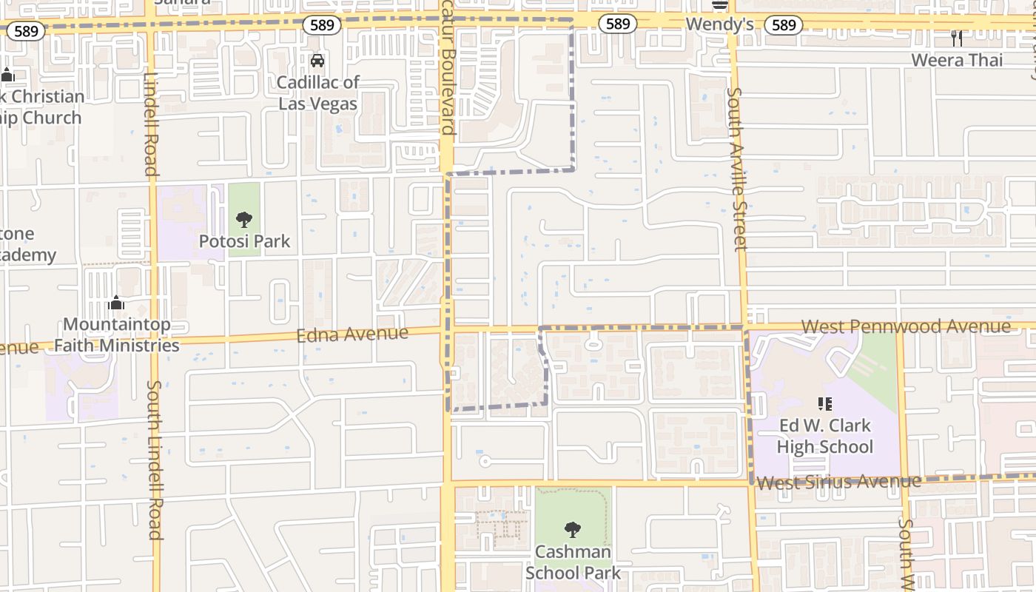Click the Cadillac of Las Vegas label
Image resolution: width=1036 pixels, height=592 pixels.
[x=318, y=93]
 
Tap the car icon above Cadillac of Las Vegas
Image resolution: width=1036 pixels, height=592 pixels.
[x=317, y=61]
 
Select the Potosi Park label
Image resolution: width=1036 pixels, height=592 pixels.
[x=245, y=241]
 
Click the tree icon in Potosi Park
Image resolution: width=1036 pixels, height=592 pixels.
[x=244, y=220]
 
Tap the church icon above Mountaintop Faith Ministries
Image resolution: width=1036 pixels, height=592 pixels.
[x=116, y=303]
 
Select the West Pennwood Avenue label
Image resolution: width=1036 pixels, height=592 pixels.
[x=906, y=326]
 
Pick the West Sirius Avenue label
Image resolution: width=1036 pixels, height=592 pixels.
[x=838, y=482]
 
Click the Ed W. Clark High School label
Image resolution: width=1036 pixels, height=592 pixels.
[x=825, y=436]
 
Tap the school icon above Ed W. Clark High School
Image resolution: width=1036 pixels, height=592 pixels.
[x=825, y=404]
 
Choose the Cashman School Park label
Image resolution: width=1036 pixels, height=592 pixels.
[x=573, y=562]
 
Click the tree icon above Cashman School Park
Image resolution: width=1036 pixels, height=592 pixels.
[x=572, y=530]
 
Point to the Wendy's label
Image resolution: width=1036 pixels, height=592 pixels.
[x=719, y=24]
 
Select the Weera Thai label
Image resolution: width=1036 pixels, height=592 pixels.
[x=957, y=60]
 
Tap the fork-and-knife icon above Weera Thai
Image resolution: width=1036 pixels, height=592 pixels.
[x=957, y=38]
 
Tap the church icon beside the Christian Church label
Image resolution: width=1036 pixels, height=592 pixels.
[x=7, y=75]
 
